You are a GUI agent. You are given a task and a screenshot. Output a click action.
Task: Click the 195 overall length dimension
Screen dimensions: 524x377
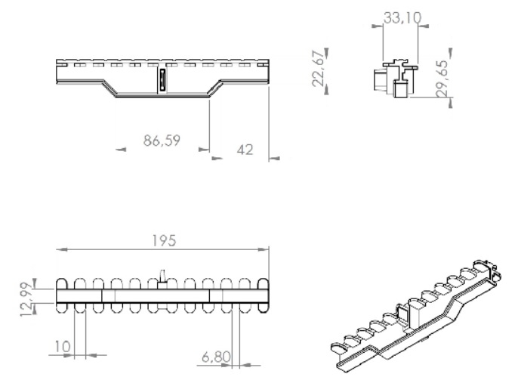[x=164, y=241]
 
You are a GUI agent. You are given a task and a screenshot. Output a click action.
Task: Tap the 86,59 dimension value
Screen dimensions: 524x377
[x=162, y=141]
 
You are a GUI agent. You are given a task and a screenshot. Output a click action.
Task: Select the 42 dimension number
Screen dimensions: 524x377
[x=245, y=150]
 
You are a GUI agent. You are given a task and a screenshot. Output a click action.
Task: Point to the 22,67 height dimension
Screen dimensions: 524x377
[x=318, y=69]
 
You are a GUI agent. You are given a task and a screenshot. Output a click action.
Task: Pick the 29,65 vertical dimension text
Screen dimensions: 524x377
[x=442, y=79]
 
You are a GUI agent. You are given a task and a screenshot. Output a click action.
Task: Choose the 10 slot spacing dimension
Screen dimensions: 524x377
[x=62, y=347]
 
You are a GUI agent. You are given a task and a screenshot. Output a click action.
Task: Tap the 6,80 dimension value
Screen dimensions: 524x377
[x=216, y=357]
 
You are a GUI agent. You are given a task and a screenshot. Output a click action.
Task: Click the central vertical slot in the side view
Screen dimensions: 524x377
[x=162, y=80]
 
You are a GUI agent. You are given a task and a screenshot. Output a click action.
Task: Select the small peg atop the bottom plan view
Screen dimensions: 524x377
[x=162, y=277]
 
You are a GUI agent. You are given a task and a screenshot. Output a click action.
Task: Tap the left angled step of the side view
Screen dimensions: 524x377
[x=109, y=88]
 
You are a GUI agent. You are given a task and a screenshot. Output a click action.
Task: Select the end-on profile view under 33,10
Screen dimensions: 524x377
[x=395, y=79]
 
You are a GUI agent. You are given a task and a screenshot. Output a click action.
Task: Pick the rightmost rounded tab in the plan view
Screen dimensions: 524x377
[x=264, y=295]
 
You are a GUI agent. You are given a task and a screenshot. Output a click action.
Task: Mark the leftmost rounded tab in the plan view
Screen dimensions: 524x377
[x=62, y=295]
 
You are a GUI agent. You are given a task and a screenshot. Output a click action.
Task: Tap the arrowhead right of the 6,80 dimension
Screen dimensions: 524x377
[x=245, y=365]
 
